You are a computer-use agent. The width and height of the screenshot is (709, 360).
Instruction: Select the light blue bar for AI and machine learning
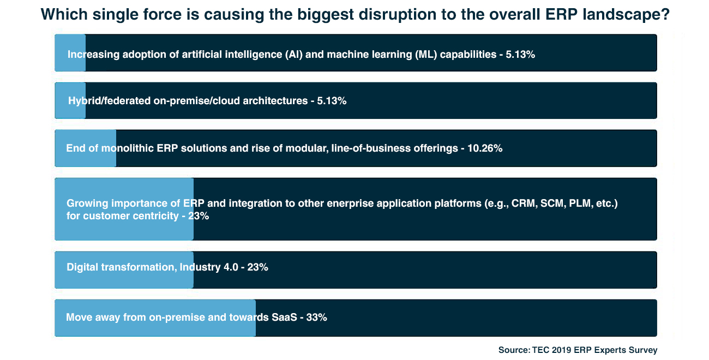pyautogui.click(x=70, y=52)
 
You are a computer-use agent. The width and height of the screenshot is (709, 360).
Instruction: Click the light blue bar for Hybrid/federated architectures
pyautogui.click(x=70, y=100)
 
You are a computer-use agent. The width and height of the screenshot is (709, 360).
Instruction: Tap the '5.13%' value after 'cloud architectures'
pyautogui.click(x=332, y=101)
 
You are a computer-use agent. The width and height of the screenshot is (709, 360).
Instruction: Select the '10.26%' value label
pyautogui.click(x=485, y=148)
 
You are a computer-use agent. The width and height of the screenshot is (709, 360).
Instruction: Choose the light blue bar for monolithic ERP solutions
pyautogui.click(x=86, y=148)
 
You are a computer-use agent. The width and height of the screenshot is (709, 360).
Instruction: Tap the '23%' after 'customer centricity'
pyautogui.click(x=199, y=217)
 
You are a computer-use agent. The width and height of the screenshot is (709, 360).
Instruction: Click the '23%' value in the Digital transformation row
pyautogui.click(x=257, y=267)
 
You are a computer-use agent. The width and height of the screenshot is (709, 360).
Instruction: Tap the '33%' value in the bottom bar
pyautogui.click(x=316, y=317)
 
